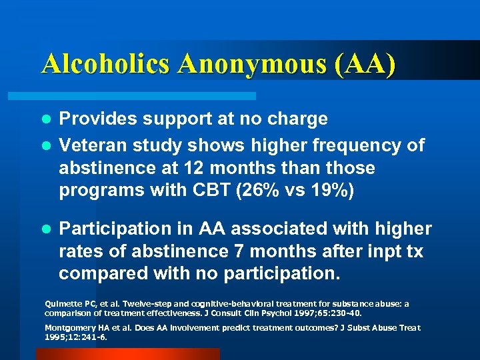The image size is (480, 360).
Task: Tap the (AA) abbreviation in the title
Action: click(x=367, y=63)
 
